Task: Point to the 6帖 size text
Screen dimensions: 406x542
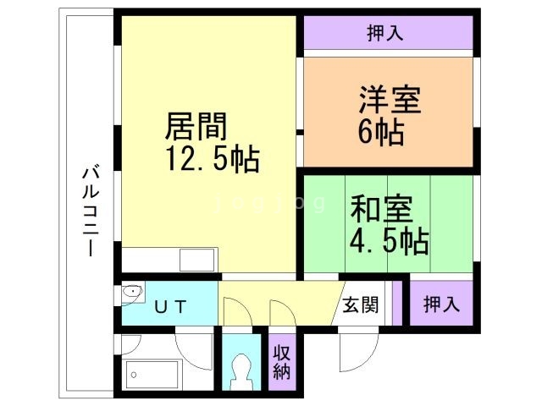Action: tap(379, 133)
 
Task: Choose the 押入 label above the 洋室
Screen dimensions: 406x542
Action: tap(385, 34)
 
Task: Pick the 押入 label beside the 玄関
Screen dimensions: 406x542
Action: tap(441, 303)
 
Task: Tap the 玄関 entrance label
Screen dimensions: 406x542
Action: tap(362, 304)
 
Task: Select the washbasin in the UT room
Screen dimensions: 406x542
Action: tap(132, 293)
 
